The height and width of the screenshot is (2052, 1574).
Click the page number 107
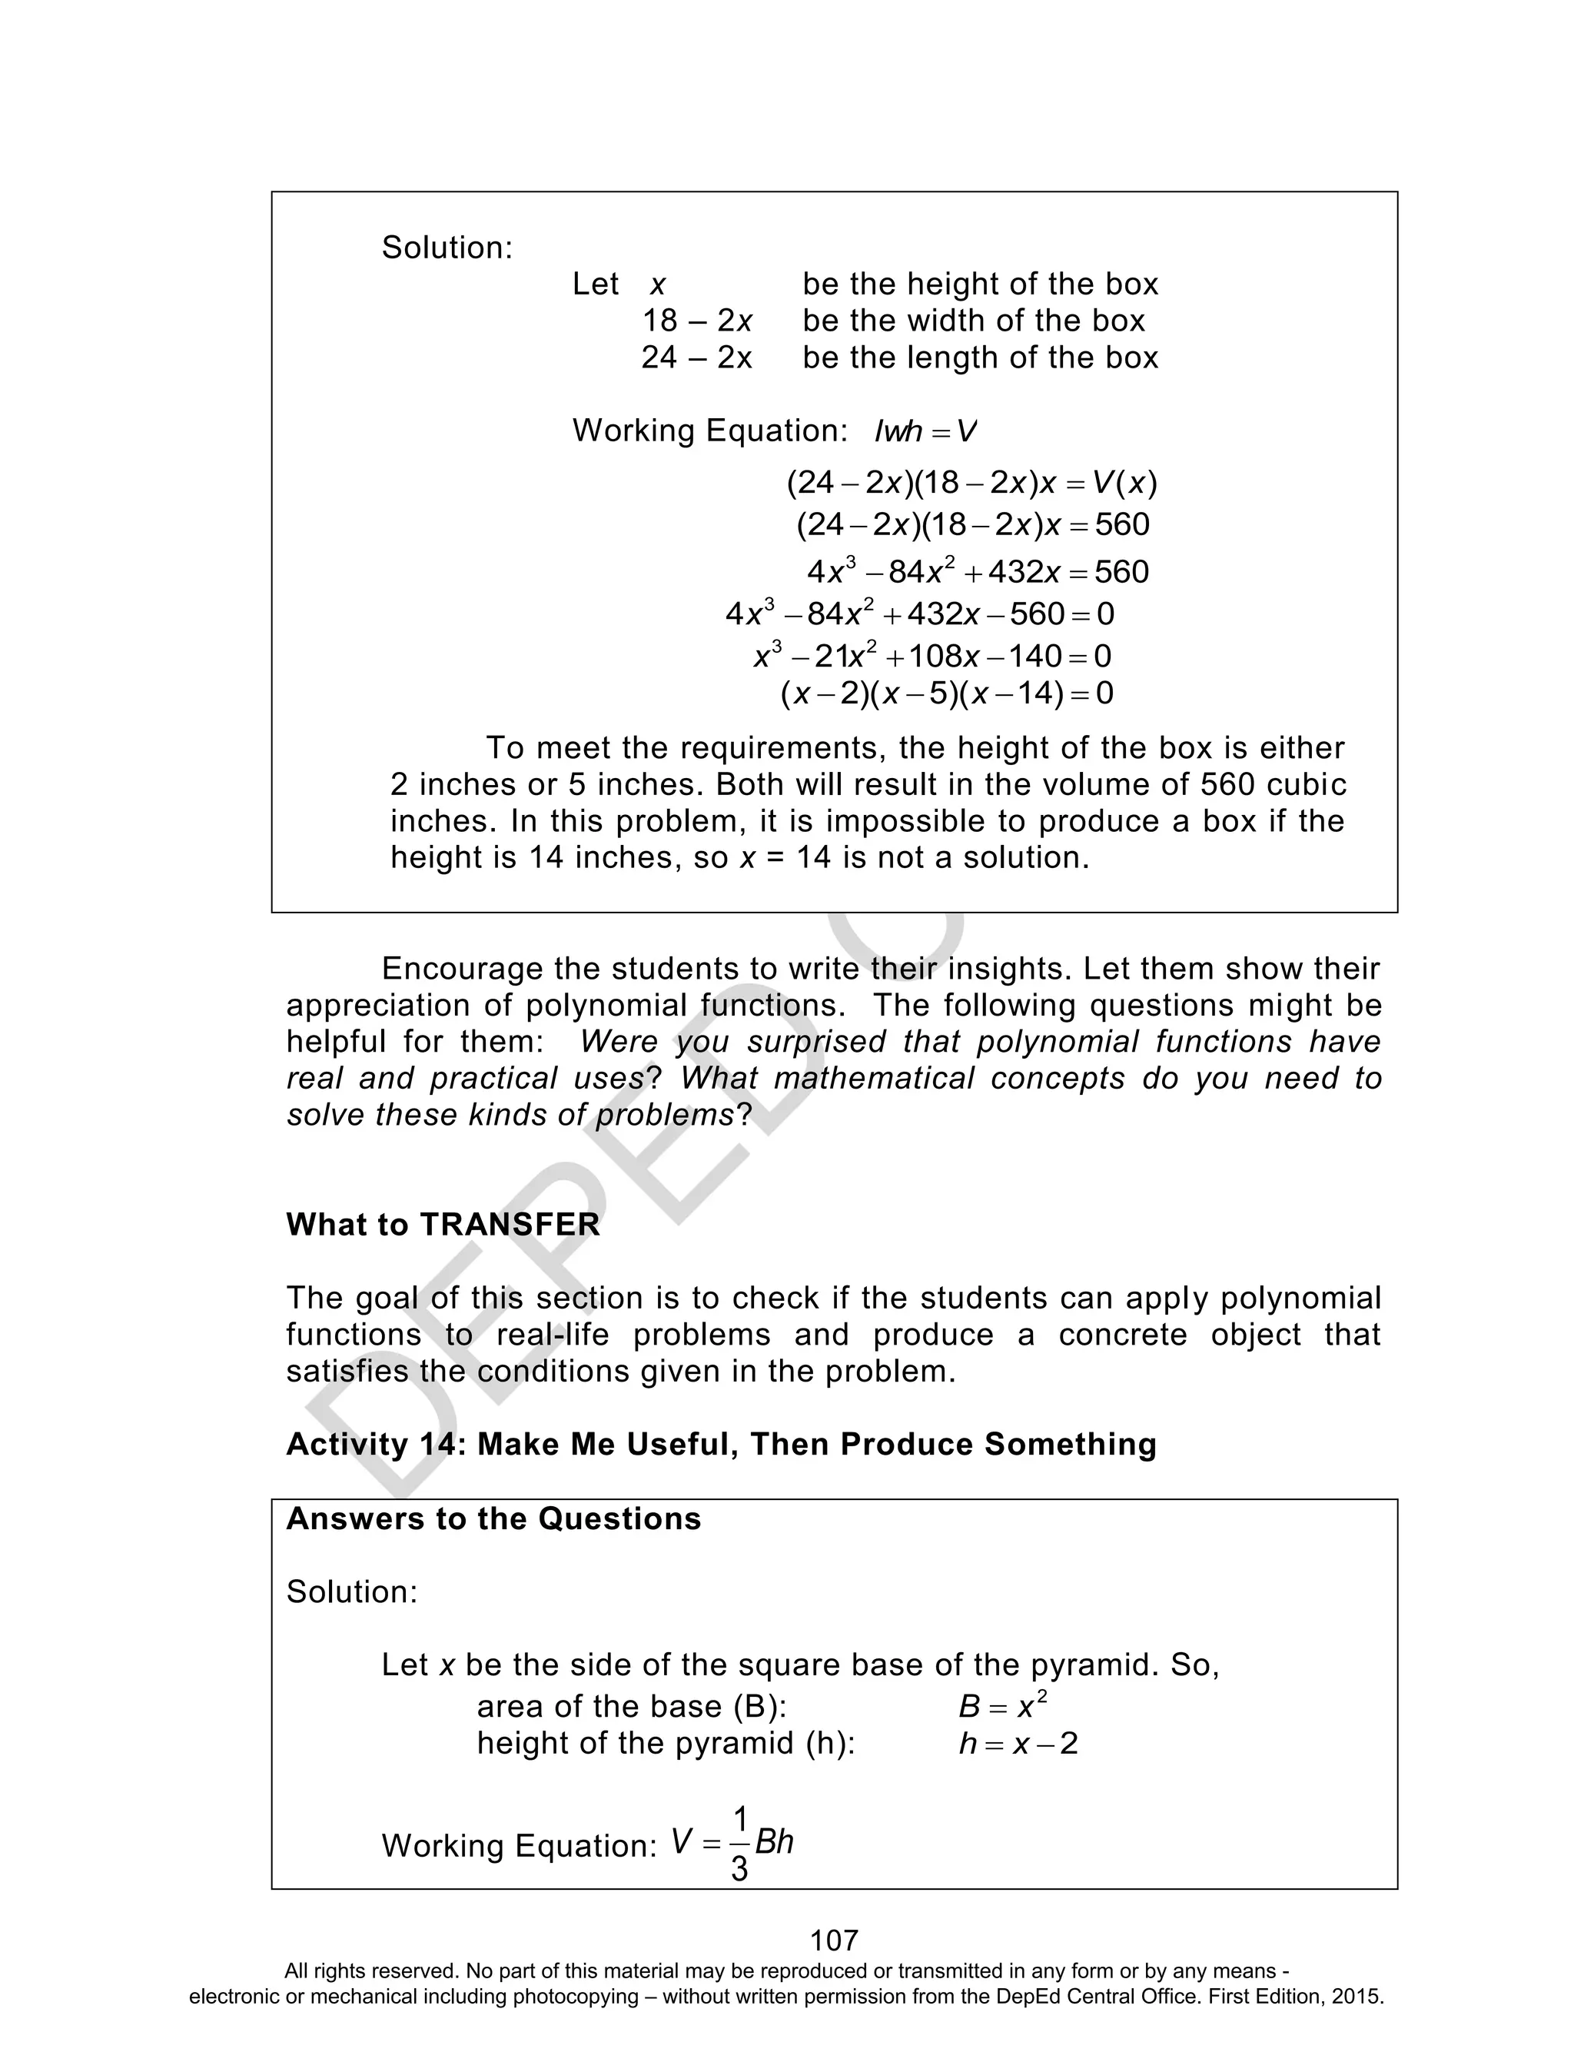(x=833, y=1940)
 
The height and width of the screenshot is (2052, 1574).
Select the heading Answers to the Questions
(x=493, y=1519)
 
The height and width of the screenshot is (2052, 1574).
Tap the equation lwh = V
(x=925, y=431)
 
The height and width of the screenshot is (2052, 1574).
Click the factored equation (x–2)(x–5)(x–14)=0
(x=946, y=693)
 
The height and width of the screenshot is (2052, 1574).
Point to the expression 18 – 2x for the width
(x=696, y=321)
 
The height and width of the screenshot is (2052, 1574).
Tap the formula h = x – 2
(x=1018, y=1744)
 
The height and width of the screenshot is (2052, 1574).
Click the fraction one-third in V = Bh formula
(x=739, y=1844)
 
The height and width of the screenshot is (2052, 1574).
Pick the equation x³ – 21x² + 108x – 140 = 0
(x=932, y=655)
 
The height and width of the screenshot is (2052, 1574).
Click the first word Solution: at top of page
(x=447, y=248)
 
